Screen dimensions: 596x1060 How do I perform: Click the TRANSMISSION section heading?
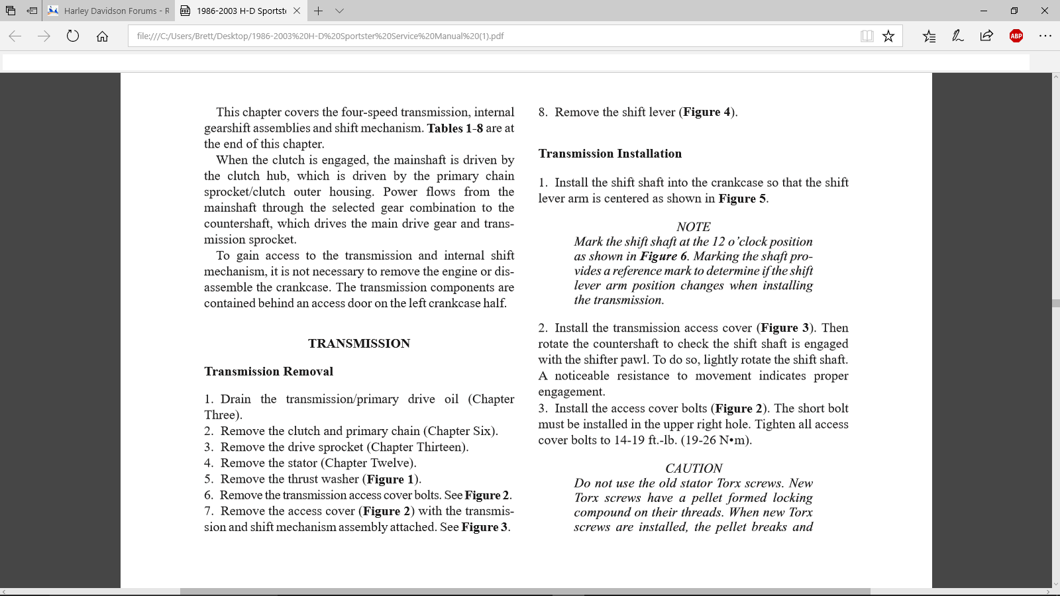(x=358, y=343)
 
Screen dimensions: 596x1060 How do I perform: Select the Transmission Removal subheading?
(x=268, y=372)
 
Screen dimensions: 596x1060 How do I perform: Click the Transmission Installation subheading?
(x=609, y=154)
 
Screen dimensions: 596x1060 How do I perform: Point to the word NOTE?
(x=693, y=226)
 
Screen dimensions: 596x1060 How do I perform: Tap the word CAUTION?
(x=694, y=468)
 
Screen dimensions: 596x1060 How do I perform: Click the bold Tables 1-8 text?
(x=454, y=128)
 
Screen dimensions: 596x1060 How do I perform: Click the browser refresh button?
(x=73, y=36)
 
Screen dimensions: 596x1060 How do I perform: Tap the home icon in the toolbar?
(x=102, y=36)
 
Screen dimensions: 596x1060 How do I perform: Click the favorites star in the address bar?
(x=888, y=36)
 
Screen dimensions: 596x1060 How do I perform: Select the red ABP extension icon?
(x=1016, y=36)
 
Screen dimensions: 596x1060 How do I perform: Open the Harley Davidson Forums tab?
(x=109, y=11)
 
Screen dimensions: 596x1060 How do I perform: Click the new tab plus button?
(x=318, y=11)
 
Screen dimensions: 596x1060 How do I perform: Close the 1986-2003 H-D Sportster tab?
(x=297, y=11)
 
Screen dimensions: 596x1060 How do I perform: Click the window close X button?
(x=1044, y=11)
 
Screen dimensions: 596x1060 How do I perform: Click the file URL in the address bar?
(x=320, y=36)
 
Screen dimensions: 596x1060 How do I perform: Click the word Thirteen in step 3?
(x=441, y=447)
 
